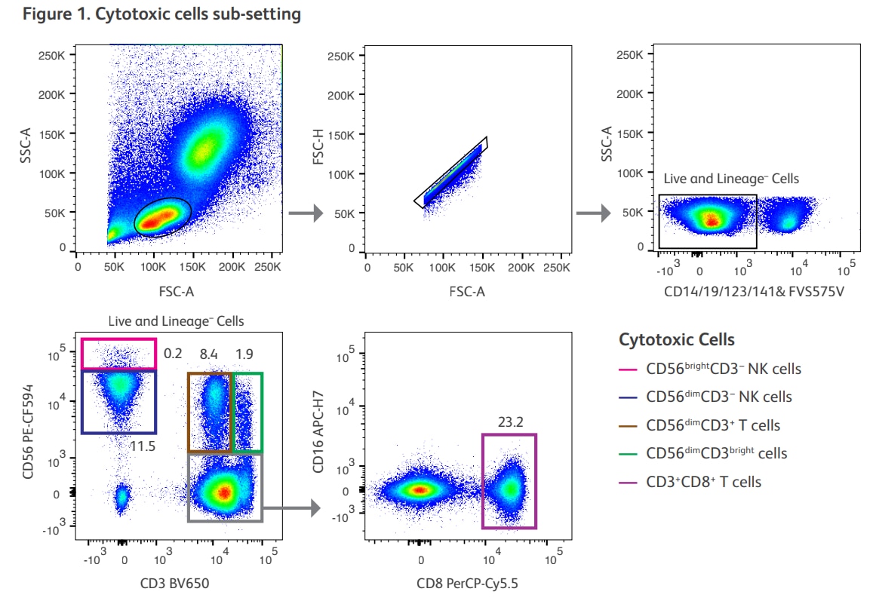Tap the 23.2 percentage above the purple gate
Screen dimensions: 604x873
tap(510, 422)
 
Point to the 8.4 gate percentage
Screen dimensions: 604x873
tap(208, 354)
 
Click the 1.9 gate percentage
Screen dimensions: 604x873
tap(244, 354)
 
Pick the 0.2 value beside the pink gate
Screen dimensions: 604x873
tap(173, 354)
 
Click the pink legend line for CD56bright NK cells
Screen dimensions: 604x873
tap(629, 369)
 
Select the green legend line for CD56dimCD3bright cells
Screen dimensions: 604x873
tap(629, 453)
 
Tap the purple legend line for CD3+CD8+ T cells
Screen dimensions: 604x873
tap(629, 482)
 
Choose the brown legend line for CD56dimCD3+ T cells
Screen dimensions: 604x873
tap(629, 425)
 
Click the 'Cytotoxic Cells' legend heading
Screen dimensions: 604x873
tap(677, 340)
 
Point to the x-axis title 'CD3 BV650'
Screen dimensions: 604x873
tap(174, 582)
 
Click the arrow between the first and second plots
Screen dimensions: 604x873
tap(306, 214)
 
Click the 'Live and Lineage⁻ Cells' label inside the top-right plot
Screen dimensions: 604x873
tap(730, 179)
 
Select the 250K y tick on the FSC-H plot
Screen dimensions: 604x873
tap(342, 57)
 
